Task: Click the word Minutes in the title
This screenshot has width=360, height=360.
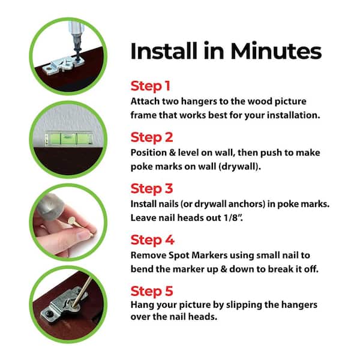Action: (276, 51)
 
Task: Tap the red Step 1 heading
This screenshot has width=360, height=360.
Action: (151, 86)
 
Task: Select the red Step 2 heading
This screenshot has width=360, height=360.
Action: (152, 137)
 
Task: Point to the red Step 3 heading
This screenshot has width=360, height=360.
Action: (152, 189)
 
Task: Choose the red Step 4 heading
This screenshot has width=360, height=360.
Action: (152, 240)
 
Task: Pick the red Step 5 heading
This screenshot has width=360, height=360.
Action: (152, 291)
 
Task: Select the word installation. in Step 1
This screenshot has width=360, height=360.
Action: (293, 115)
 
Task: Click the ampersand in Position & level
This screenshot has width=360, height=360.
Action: (172, 152)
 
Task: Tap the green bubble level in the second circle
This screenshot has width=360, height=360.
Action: (68, 138)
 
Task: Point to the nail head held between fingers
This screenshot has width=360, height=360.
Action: (71, 221)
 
